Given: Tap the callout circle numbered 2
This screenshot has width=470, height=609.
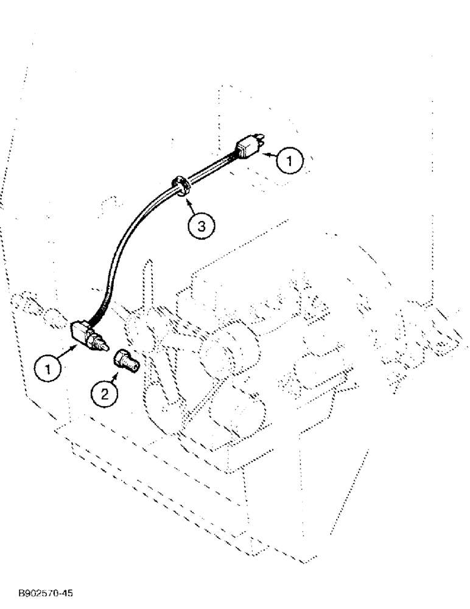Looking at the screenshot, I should (x=105, y=393).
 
